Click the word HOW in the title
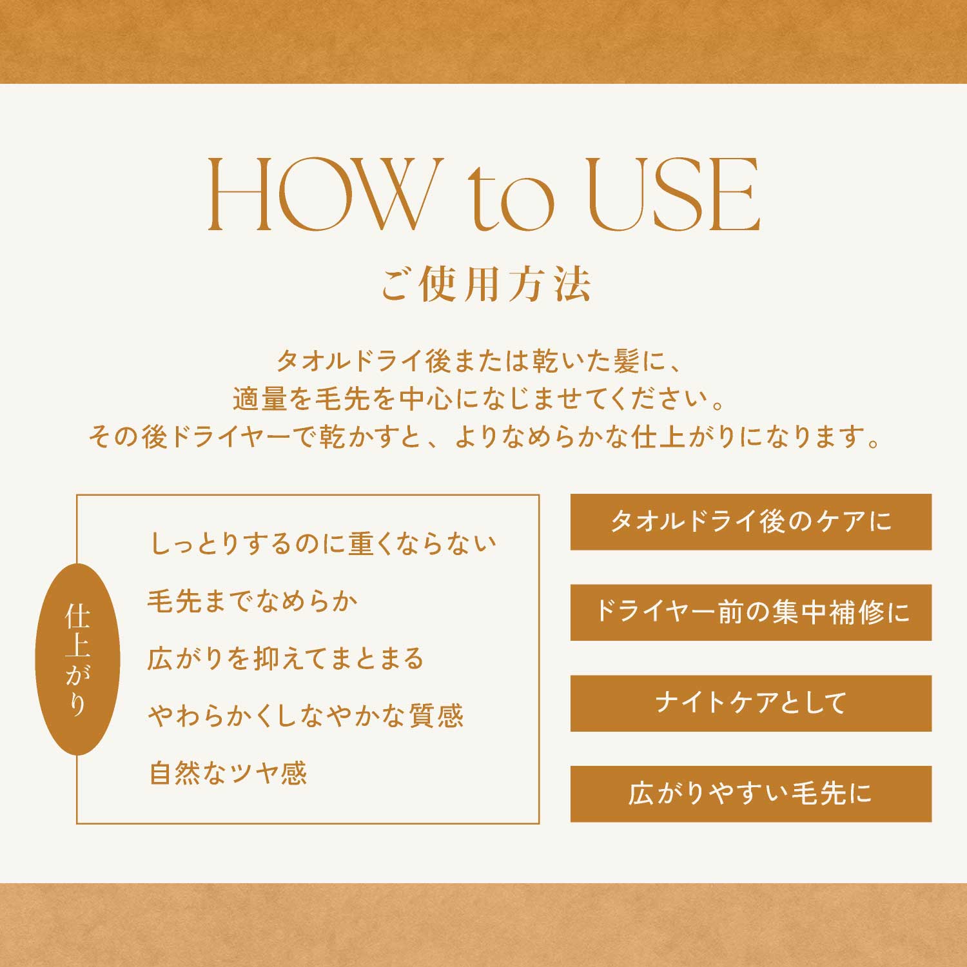(x=318, y=194)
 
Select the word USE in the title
(x=675, y=194)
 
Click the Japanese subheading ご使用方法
(x=485, y=285)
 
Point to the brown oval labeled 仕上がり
(x=77, y=659)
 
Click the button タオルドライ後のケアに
(x=751, y=522)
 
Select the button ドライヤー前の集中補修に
(x=751, y=612)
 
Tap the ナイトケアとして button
(x=751, y=703)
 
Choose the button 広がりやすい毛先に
(x=751, y=794)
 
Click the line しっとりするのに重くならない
(x=323, y=543)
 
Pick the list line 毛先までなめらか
(x=253, y=601)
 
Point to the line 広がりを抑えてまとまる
(x=286, y=659)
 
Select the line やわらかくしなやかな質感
(x=306, y=716)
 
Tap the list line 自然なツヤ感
(x=228, y=774)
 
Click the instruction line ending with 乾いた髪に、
(x=479, y=361)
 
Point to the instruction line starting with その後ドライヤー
(x=484, y=437)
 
